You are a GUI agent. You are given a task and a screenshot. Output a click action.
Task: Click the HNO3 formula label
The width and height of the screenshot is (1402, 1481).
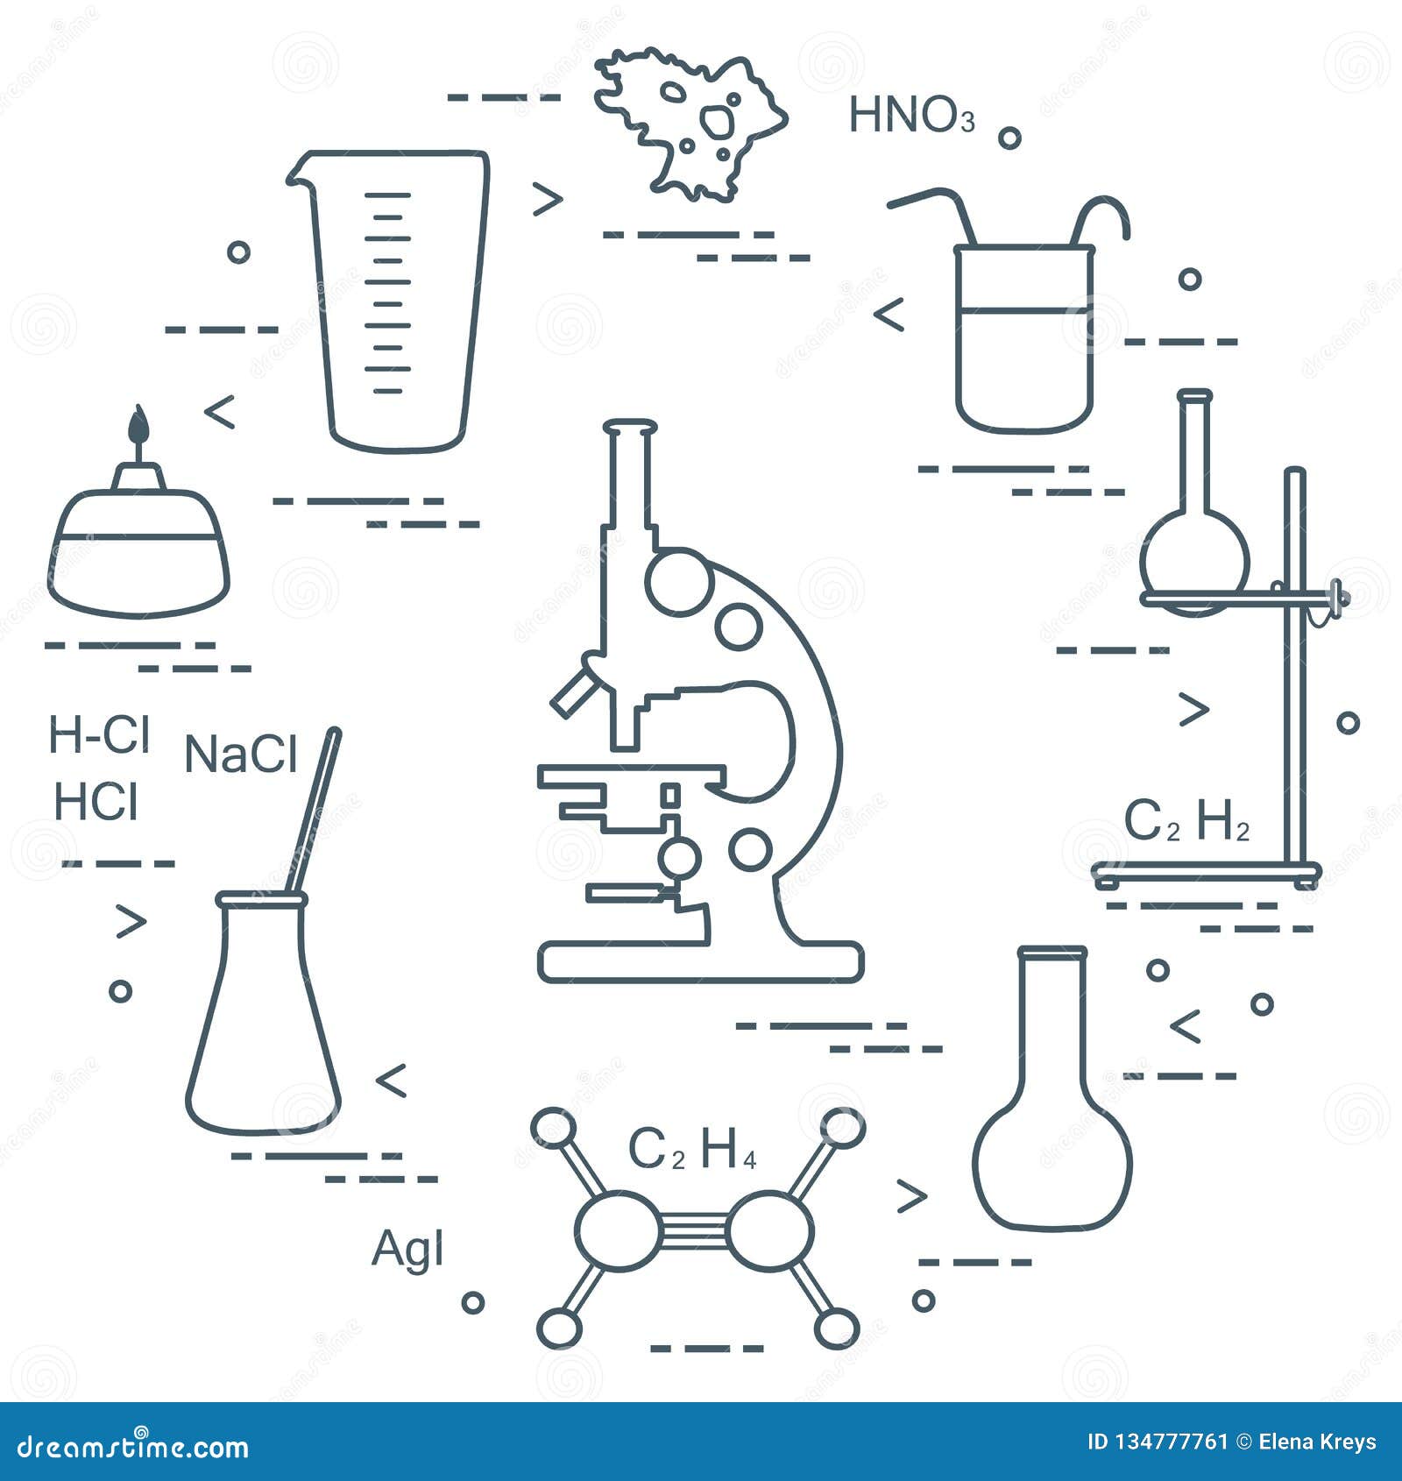click(911, 116)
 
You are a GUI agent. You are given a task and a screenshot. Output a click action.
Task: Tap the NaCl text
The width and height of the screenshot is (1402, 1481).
click(241, 755)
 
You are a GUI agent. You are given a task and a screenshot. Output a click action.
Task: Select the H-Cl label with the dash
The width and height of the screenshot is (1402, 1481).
click(99, 734)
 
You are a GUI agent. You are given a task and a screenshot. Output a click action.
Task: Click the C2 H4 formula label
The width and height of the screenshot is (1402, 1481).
click(692, 1150)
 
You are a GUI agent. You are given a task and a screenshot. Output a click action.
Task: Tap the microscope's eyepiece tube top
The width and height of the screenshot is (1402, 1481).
click(629, 428)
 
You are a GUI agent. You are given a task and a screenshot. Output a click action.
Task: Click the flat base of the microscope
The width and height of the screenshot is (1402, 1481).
click(701, 961)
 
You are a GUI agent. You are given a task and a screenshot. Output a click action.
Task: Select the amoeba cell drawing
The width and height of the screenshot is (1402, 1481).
click(692, 123)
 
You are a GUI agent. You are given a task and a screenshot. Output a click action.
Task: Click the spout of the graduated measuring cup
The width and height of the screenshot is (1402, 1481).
click(296, 175)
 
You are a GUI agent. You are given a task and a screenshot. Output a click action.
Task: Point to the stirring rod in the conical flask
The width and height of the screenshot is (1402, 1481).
click(317, 806)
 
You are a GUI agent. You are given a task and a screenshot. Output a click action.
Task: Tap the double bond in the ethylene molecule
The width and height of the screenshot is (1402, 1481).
click(693, 1230)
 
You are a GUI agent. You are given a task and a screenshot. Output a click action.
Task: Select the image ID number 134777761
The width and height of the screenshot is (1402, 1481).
click(1157, 1442)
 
